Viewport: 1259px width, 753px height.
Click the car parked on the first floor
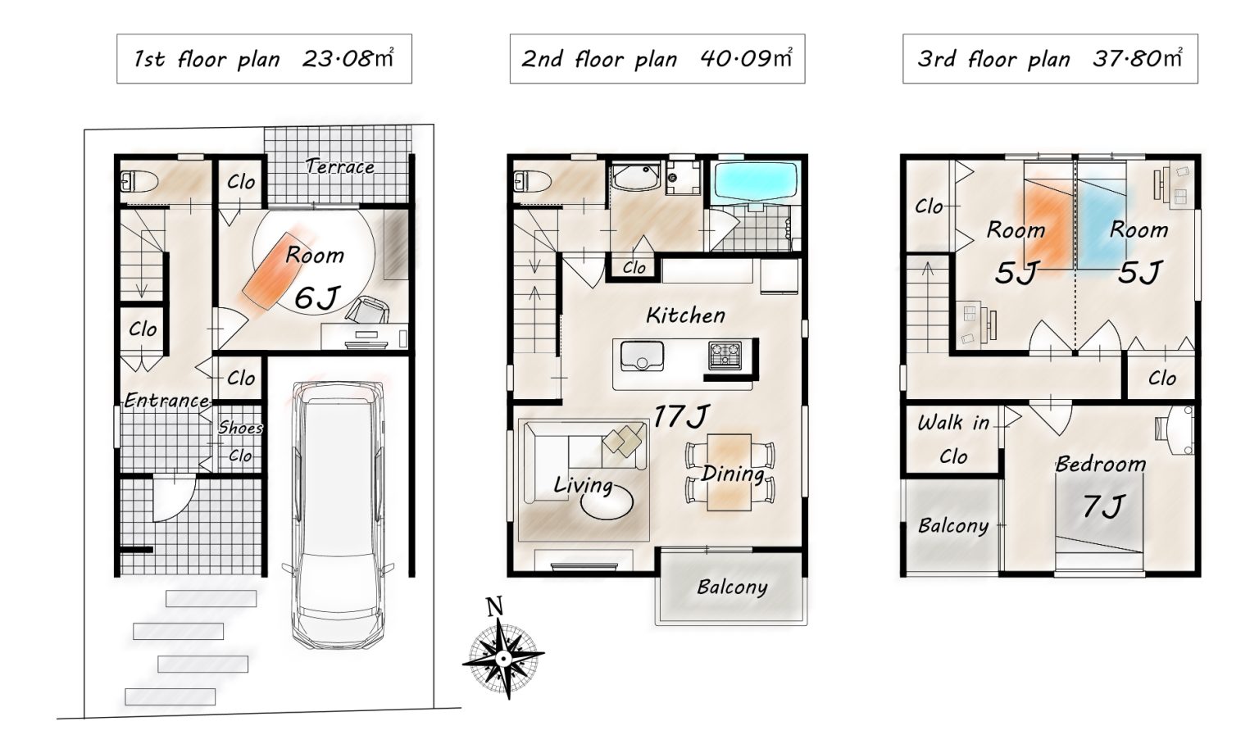pos(339,515)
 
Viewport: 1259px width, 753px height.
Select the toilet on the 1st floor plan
pos(139,182)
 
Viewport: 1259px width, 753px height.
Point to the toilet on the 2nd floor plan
pos(532,181)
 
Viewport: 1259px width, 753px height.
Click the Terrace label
pos(339,166)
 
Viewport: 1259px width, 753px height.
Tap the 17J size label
pos(680,416)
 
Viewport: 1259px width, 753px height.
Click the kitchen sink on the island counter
pos(641,356)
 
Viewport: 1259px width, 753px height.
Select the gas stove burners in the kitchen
pos(725,355)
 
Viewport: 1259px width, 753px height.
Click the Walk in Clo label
pos(953,439)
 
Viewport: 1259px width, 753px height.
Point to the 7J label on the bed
pos(1102,506)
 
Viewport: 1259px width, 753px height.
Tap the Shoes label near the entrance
pos(240,428)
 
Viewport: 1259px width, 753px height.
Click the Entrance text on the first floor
pos(166,400)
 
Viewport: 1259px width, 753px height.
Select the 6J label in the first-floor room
pos(317,297)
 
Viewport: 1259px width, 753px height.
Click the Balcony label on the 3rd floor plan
pos(953,526)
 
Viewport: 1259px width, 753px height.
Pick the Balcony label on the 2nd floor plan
pos(732,587)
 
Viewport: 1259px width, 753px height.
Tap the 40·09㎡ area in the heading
pos(747,58)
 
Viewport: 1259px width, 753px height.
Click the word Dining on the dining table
pos(732,474)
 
